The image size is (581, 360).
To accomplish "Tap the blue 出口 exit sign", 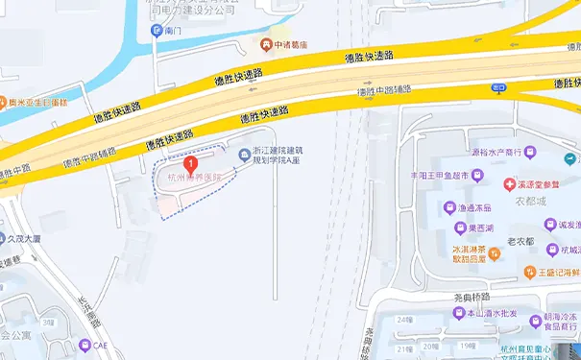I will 498,87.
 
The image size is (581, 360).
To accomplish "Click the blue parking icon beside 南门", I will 157,31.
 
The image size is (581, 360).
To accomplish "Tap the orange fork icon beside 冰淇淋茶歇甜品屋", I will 493,253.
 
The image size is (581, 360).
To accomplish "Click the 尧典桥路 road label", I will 472,298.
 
